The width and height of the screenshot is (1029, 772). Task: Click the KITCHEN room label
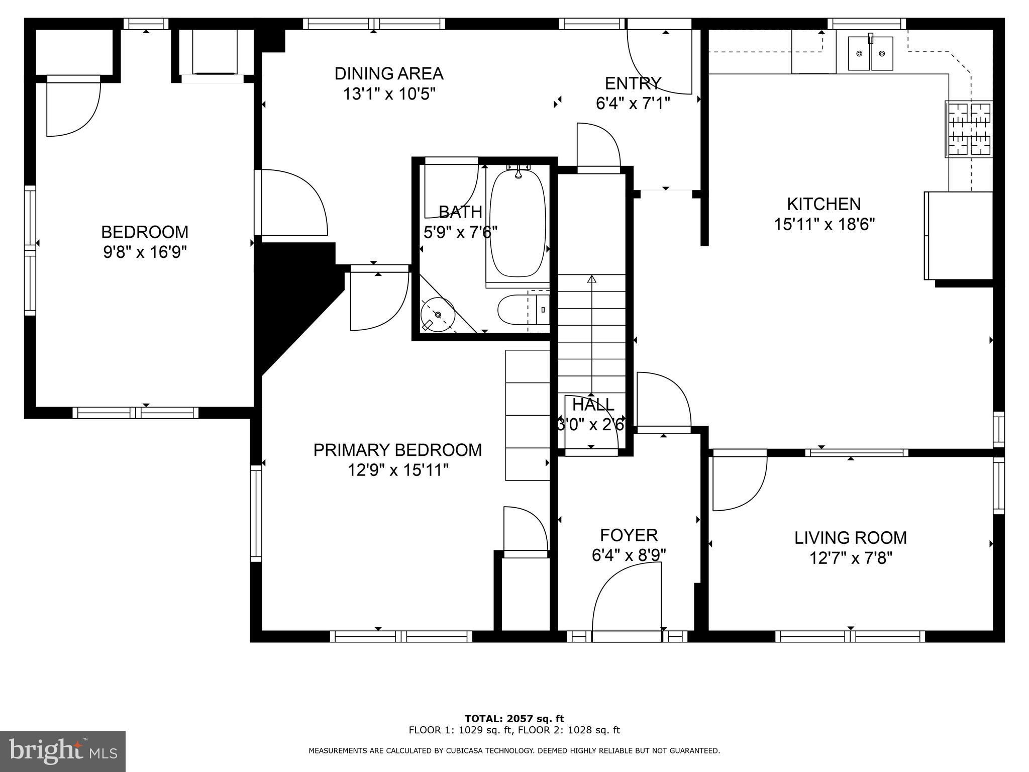tap(824, 204)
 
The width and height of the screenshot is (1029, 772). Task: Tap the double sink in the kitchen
tap(871, 53)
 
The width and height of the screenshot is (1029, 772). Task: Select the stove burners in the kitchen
tap(969, 129)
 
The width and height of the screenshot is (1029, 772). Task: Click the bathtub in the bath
tap(518, 223)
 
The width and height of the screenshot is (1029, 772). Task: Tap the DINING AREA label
tap(389, 74)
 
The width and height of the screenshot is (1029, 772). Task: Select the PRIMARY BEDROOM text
tap(397, 450)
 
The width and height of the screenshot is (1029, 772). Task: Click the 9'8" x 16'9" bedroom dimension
tap(145, 252)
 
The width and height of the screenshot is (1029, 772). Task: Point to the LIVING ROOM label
tap(851, 538)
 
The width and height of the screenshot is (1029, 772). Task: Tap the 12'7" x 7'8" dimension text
tap(851, 558)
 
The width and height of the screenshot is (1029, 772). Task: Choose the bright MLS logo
tap(63, 751)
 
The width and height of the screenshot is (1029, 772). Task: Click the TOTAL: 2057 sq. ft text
tap(514, 719)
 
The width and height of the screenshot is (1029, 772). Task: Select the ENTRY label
tap(633, 83)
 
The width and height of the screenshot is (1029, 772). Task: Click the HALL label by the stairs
tap(593, 405)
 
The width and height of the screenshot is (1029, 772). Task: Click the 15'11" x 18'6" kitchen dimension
tap(824, 224)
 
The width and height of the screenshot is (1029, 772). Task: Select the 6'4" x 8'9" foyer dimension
tap(629, 555)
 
